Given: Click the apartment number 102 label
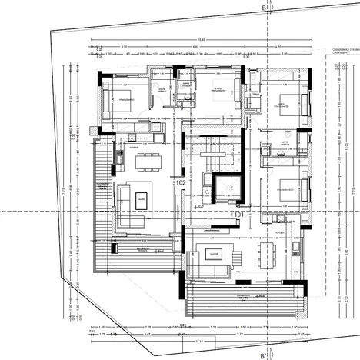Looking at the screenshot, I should [x=181, y=184].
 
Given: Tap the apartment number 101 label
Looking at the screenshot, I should [x=238, y=215].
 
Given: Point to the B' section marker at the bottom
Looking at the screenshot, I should [x=264, y=355].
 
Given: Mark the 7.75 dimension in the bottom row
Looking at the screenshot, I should [x=218, y=334].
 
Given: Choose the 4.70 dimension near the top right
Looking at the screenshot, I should [x=278, y=46].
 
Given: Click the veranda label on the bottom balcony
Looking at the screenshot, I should [x=241, y=296].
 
